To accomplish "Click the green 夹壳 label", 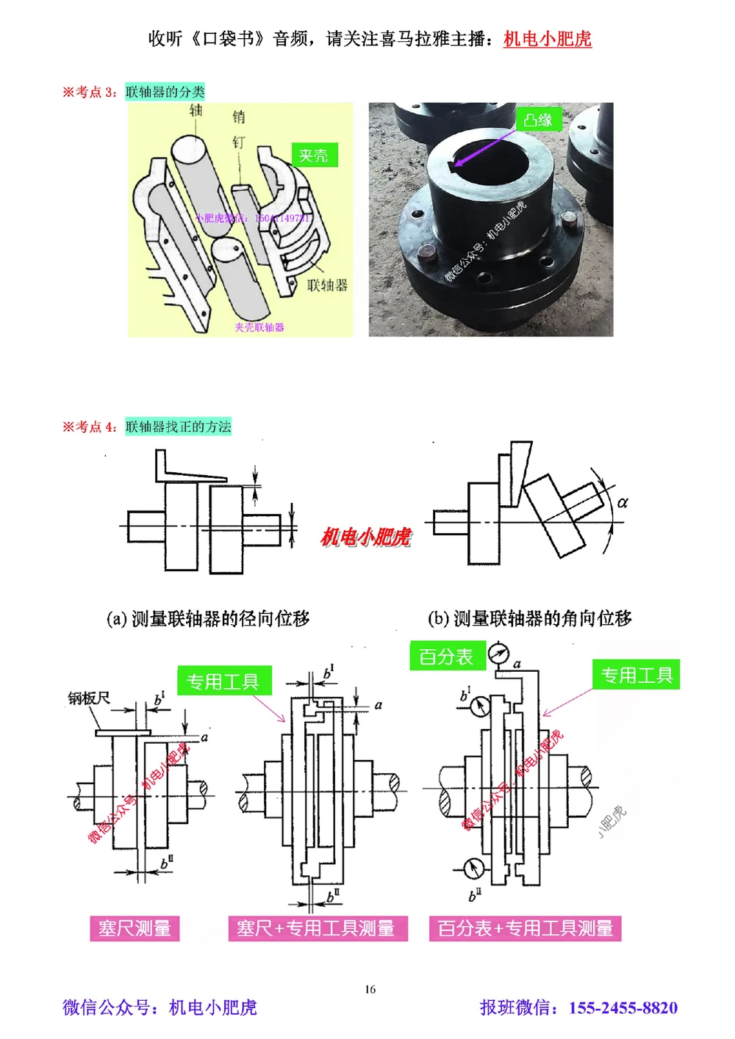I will coord(314,156).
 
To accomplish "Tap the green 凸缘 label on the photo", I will coord(539,120).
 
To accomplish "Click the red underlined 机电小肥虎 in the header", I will coord(547,39).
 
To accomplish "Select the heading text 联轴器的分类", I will coord(165,92).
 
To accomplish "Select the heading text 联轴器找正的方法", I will coord(178,427).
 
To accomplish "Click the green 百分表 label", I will coord(446,656).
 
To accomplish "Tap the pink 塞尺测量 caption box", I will coord(135,928).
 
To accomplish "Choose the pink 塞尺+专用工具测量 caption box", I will coord(317,928).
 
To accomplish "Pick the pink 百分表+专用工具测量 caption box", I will coord(525,928).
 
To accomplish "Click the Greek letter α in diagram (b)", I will coord(623,503).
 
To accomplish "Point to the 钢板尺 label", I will coord(89,698).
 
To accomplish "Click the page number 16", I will coord(370,989).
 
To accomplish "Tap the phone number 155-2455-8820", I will coord(623,1007).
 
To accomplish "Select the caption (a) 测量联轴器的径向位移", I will coord(208,618).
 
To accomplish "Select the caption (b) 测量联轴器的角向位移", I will coord(529,618).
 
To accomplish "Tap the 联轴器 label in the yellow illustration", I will coord(327,285).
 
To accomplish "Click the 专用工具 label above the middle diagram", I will coord(223,681).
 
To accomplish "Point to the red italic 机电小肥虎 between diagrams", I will coord(365,537).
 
